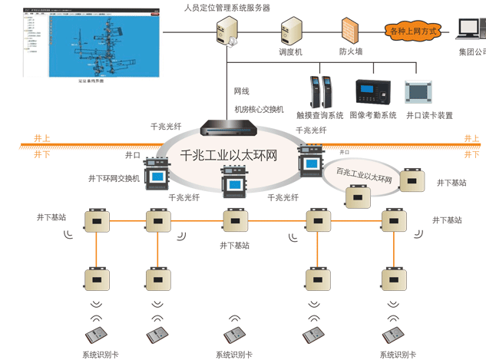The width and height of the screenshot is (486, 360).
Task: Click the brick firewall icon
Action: (x=351, y=30)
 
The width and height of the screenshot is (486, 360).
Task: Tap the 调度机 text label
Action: (x=291, y=52)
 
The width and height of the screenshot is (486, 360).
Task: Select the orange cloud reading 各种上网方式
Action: (x=413, y=31)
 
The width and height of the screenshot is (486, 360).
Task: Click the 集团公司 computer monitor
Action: (x=470, y=29)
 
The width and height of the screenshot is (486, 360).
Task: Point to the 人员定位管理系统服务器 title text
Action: (x=226, y=8)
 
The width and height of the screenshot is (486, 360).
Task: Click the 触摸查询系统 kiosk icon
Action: (x=319, y=91)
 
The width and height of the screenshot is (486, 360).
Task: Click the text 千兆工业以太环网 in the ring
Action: (x=228, y=156)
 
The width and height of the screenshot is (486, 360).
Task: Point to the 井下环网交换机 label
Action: (x=114, y=179)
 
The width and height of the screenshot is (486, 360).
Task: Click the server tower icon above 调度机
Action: (x=292, y=30)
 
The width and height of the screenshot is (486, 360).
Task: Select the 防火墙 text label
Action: (x=351, y=52)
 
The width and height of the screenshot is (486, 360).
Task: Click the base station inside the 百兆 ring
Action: (x=356, y=197)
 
